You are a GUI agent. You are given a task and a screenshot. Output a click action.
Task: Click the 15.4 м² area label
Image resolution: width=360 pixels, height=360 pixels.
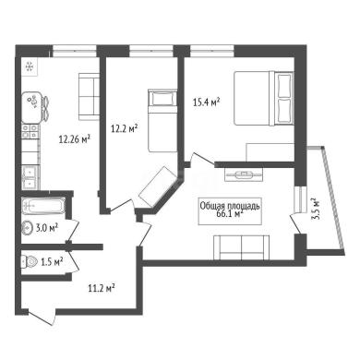click(x=207, y=102)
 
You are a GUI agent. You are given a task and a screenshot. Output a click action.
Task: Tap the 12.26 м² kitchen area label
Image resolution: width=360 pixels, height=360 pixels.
click(x=74, y=139)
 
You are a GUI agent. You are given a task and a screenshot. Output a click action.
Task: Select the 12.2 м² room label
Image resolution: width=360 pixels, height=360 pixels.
click(x=124, y=128)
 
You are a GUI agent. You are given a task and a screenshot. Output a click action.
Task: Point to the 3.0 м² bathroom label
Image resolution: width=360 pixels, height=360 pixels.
click(x=47, y=228)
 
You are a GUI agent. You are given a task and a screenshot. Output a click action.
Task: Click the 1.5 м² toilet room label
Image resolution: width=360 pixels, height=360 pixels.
click(x=52, y=262)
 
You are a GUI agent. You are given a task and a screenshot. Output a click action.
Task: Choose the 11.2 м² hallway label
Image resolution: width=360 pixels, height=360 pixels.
click(x=102, y=288)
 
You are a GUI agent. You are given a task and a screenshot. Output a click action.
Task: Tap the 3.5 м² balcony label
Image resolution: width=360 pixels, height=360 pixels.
click(x=315, y=209)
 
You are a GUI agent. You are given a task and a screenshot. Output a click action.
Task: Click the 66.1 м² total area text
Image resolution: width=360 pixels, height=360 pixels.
click(x=230, y=214)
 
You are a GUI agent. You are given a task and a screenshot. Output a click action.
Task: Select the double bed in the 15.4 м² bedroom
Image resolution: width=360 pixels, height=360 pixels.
click(x=264, y=98)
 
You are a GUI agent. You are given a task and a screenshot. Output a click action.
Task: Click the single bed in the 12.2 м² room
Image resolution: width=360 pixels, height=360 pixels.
click(x=162, y=120)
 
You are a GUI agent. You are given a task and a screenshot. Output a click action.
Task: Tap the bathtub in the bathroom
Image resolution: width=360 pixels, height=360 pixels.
click(x=43, y=206)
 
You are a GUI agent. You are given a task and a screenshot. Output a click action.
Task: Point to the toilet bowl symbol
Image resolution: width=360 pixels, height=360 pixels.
click(x=30, y=262)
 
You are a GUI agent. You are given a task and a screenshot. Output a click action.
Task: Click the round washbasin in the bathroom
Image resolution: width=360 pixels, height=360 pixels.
click(x=28, y=228)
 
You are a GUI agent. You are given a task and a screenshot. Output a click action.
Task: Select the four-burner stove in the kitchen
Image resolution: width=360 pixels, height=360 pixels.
click(x=30, y=131)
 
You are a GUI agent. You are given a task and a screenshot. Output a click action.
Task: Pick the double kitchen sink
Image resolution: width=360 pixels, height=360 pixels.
click(x=30, y=177)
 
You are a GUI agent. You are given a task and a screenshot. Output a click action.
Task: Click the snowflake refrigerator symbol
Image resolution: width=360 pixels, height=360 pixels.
click(x=30, y=66)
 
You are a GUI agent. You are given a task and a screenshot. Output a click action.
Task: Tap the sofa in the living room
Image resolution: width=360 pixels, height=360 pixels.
click(x=242, y=247)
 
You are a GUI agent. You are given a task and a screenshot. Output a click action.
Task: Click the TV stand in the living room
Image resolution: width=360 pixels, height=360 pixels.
click(x=244, y=175)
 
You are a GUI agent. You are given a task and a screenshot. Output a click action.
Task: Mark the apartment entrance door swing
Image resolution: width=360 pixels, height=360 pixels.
click(x=42, y=317)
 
